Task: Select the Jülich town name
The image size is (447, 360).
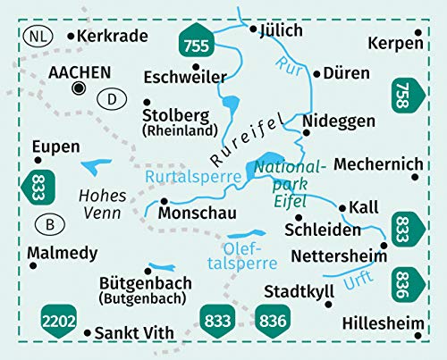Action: tap(282, 29)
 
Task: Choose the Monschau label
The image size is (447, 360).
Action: tap(195, 215)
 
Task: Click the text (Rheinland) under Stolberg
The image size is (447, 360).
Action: tap(181, 131)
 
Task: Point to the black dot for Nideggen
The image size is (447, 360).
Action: tap(306, 133)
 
